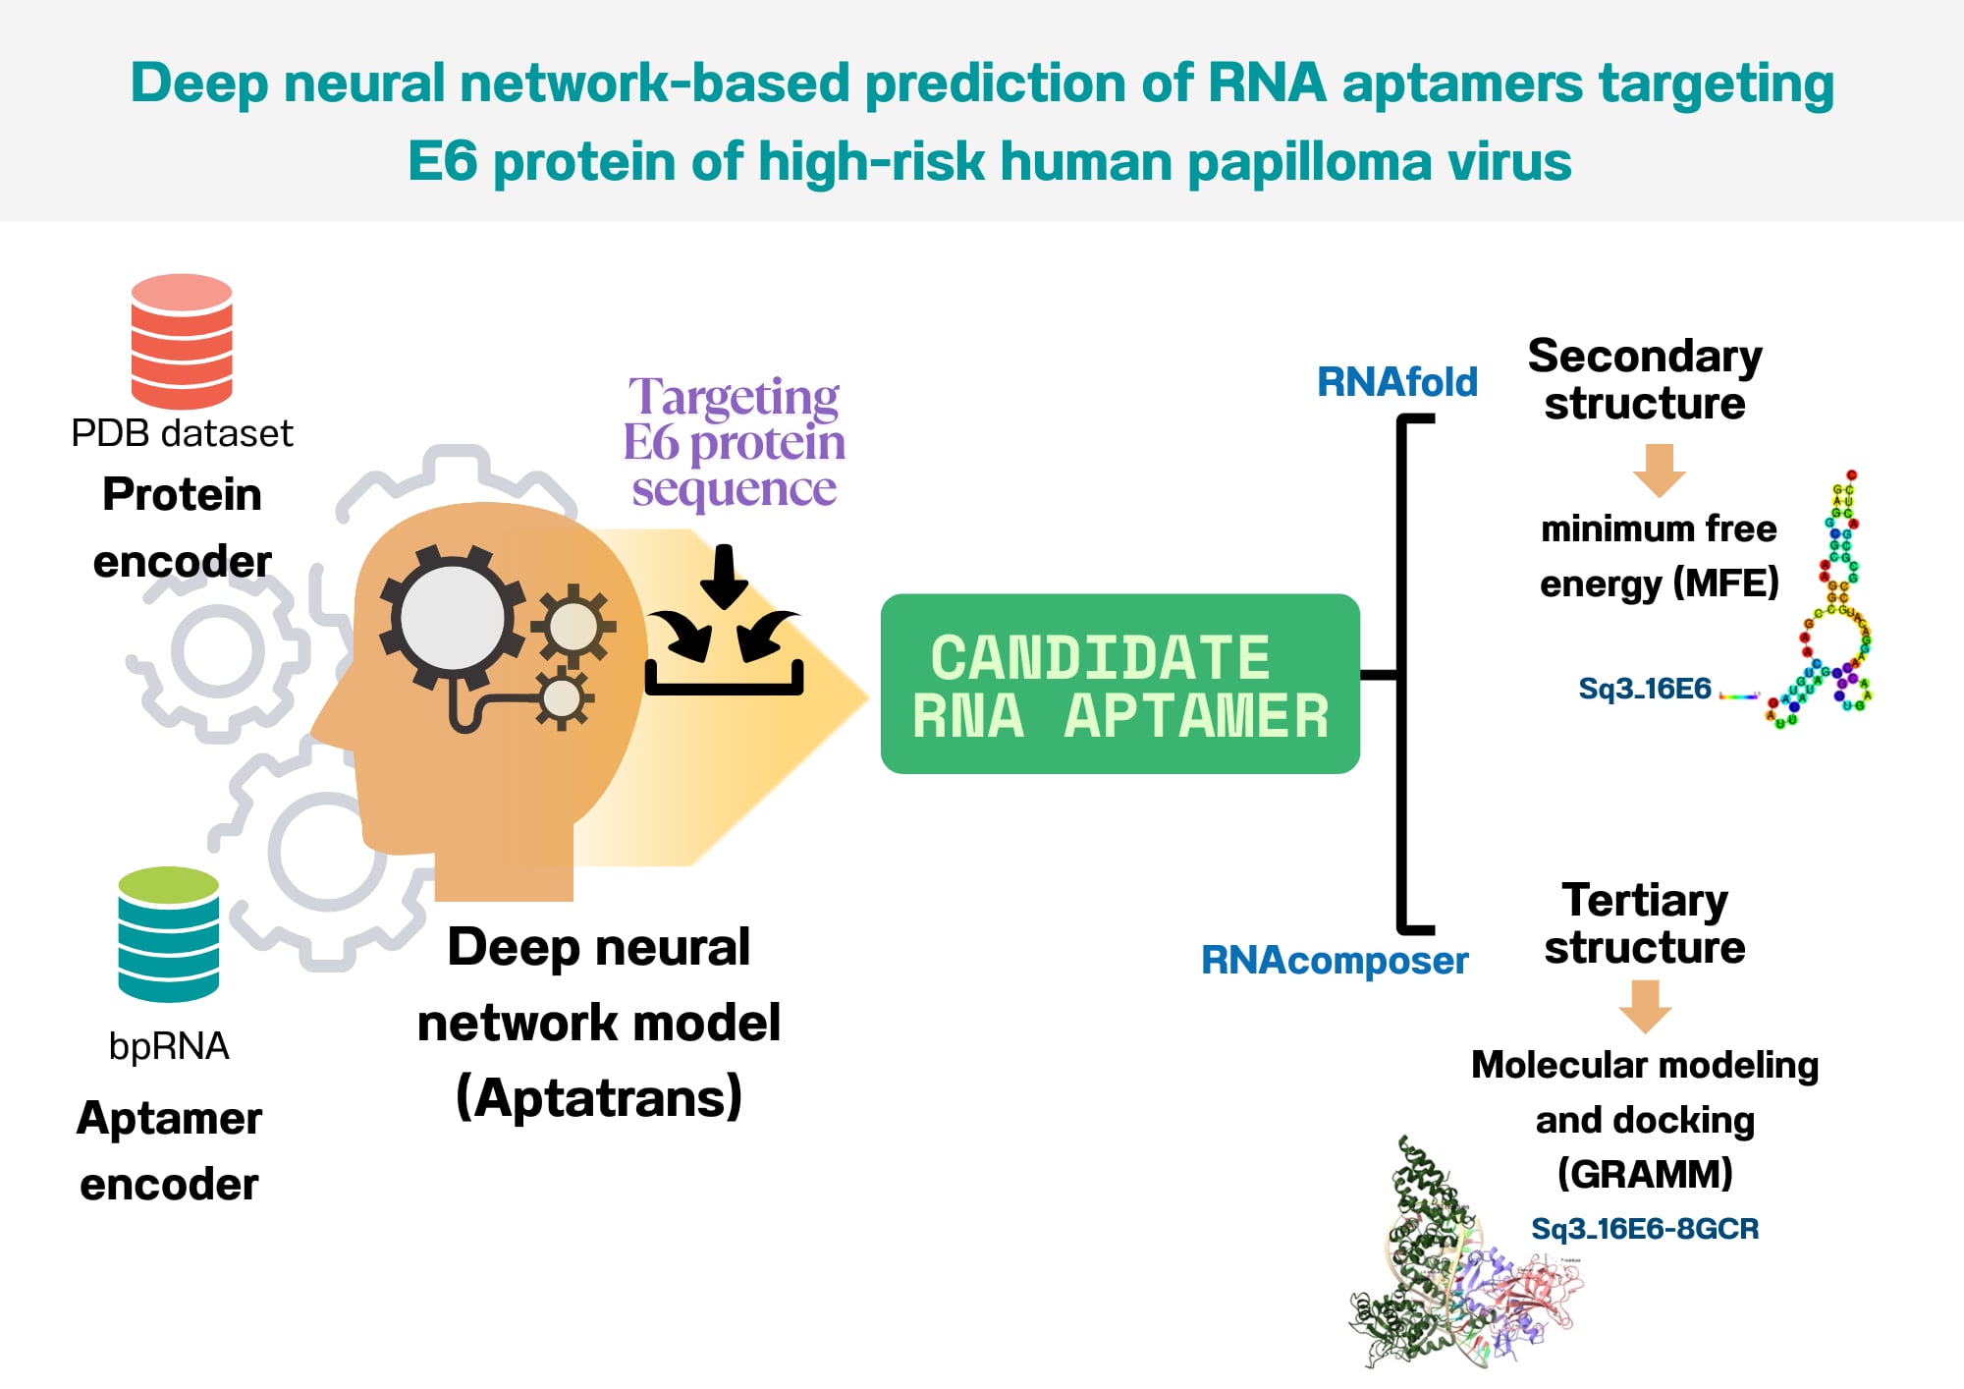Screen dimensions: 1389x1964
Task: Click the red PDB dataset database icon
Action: [x=182, y=341]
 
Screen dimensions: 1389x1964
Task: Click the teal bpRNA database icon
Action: [x=168, y=934]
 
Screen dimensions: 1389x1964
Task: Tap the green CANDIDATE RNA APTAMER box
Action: [x=1119, y=684]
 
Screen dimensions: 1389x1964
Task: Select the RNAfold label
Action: [x=1396, y=382]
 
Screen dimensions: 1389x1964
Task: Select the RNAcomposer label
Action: [x=1334, y=960]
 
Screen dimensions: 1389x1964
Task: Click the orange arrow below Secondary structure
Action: [x=1659, y=470]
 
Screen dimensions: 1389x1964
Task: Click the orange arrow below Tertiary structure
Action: [x=1645, y=1006]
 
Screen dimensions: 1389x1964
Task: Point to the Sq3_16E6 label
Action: [x=1644, y=689]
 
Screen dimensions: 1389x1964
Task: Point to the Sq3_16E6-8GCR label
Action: [x=1645, y=1229]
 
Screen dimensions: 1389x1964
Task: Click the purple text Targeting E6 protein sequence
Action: [x=735, y=442]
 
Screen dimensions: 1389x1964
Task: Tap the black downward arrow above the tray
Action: [x=725, y=576]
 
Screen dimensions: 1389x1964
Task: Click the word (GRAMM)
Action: [x=1645, y=1174]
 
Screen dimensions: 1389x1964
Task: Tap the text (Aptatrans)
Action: [x=599, y=1097]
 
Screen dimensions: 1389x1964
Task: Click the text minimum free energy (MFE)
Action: [x=1659, y=556]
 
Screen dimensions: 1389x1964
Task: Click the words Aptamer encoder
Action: [x=169, y=1150]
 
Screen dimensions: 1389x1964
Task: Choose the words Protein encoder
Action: [x=182, y=528]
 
